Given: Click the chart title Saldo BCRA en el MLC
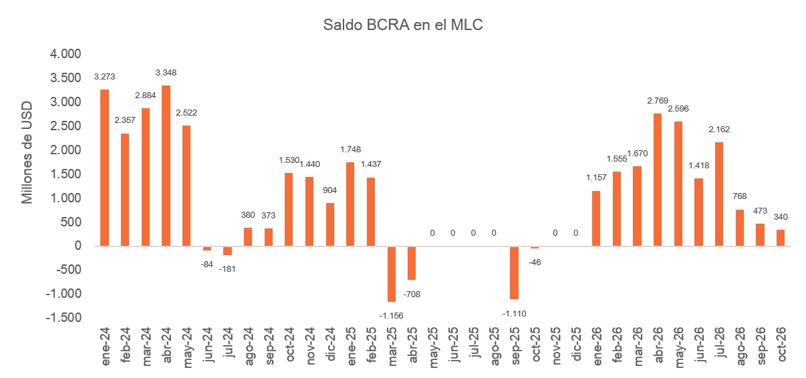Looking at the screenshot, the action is pyautogui.click(x=402, y=25).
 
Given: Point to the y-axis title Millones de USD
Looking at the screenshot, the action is pyautogui.click(x=27, y=152).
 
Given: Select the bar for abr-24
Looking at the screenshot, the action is pyautogui.click(x=166, y=166).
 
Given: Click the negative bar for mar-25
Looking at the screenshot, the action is pyautogui.click(x=392, y=274).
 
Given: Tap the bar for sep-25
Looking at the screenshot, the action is pyautogui.click(x=514, y=272).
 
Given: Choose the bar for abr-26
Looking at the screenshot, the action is pyautogui.click(x=658, y=180).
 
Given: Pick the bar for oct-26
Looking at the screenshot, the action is pyautogui.click(x=781, y=238).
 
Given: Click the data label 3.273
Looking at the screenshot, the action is pyautogui.click(x=104, y=77).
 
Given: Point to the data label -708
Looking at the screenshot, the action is pyautogui.click(x=412, y=295).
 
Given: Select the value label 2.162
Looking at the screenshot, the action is pyautogui.click(x=719, y=129).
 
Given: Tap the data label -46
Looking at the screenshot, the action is pyautogui.click(x=535, y=262).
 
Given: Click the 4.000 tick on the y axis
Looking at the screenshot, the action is pyautogui.click(x=65, y=54).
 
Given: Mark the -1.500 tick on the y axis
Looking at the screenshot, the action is pyautogui.click(x=63, y=318).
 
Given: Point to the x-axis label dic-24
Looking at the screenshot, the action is pyautogui.click(x=330, y=344).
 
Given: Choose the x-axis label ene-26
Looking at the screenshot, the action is pyautogui.click(x=597, y=347).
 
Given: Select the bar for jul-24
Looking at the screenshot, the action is pyautogui.click(x=227, y=250).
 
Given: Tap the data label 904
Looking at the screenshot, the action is pyautogui.click(x=329, y=190).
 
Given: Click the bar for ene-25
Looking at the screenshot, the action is pyautogui.click(x=350, y=204).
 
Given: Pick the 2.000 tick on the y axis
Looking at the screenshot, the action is pyautogui.click(x=65, y=150).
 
